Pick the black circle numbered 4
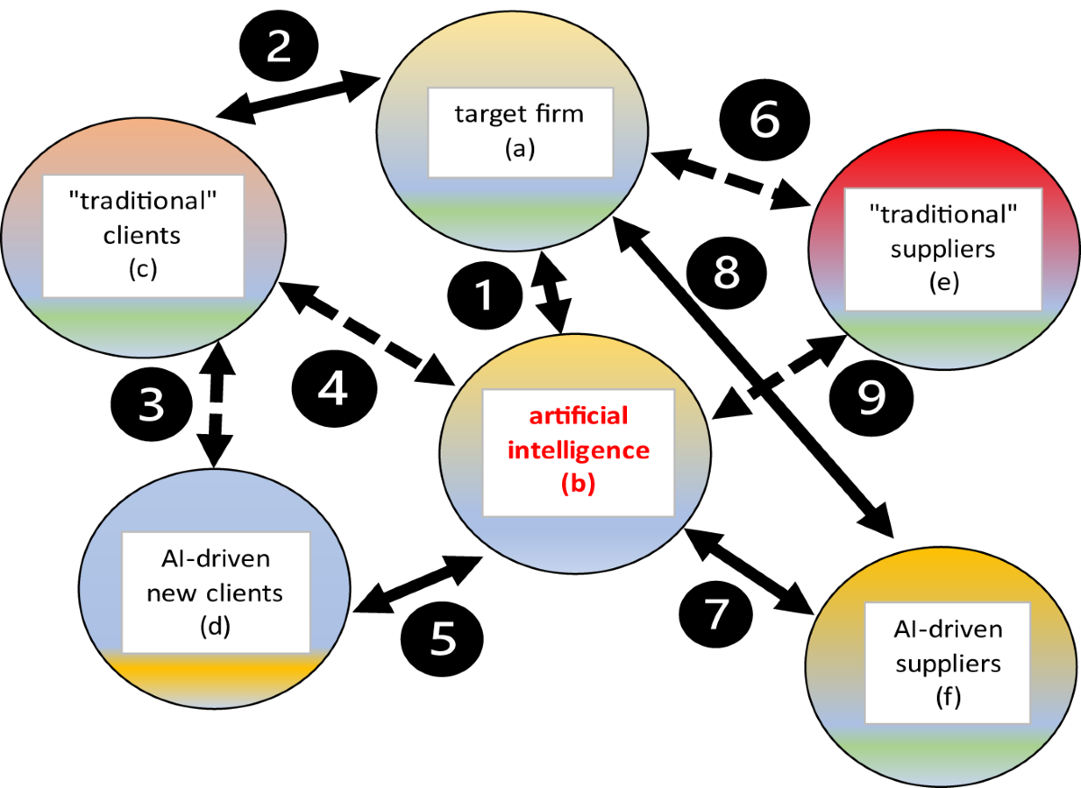coord(334,390)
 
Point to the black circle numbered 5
coord(443,638)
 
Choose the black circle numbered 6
coord(765,121)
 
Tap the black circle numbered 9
coord(870,397)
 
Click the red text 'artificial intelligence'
coord(578,433)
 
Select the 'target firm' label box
coord(520,131)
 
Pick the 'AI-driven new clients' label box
coord(216,592)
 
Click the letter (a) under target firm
coord(520,149)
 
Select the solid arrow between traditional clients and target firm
coord(297,100)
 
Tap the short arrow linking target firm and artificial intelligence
coord(551,294)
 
